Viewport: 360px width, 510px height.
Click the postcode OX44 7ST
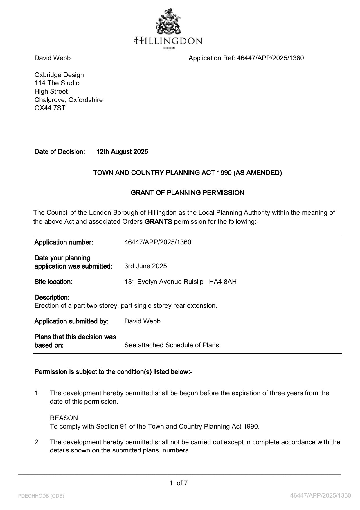coord(50,108)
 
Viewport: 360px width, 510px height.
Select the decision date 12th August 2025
coord(122,152)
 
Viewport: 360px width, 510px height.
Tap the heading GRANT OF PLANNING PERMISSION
coord(187,193)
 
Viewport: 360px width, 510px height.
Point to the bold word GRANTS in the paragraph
coord(158,222)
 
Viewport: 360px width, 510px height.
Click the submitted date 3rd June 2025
coord(145,266)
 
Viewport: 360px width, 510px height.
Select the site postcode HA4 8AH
coord(223,282)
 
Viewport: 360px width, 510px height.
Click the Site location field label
coord(53,282)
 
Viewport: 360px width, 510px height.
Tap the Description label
coord(52,298)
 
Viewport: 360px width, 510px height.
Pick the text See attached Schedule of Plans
coord(172,345)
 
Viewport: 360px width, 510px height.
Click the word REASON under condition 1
coord(64,418)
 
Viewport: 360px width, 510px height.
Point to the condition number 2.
coord(37,442)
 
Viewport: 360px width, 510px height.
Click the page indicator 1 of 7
coord(179,483)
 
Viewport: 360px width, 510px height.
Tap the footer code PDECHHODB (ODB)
coord(41,496)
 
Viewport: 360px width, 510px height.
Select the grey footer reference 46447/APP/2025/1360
coord(321,495)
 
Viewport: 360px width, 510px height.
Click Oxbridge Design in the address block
coord(59,75)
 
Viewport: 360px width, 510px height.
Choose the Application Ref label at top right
coord(212,58)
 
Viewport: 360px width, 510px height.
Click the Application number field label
coord(64,242)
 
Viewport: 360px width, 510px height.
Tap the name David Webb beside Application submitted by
coord(142,321)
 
